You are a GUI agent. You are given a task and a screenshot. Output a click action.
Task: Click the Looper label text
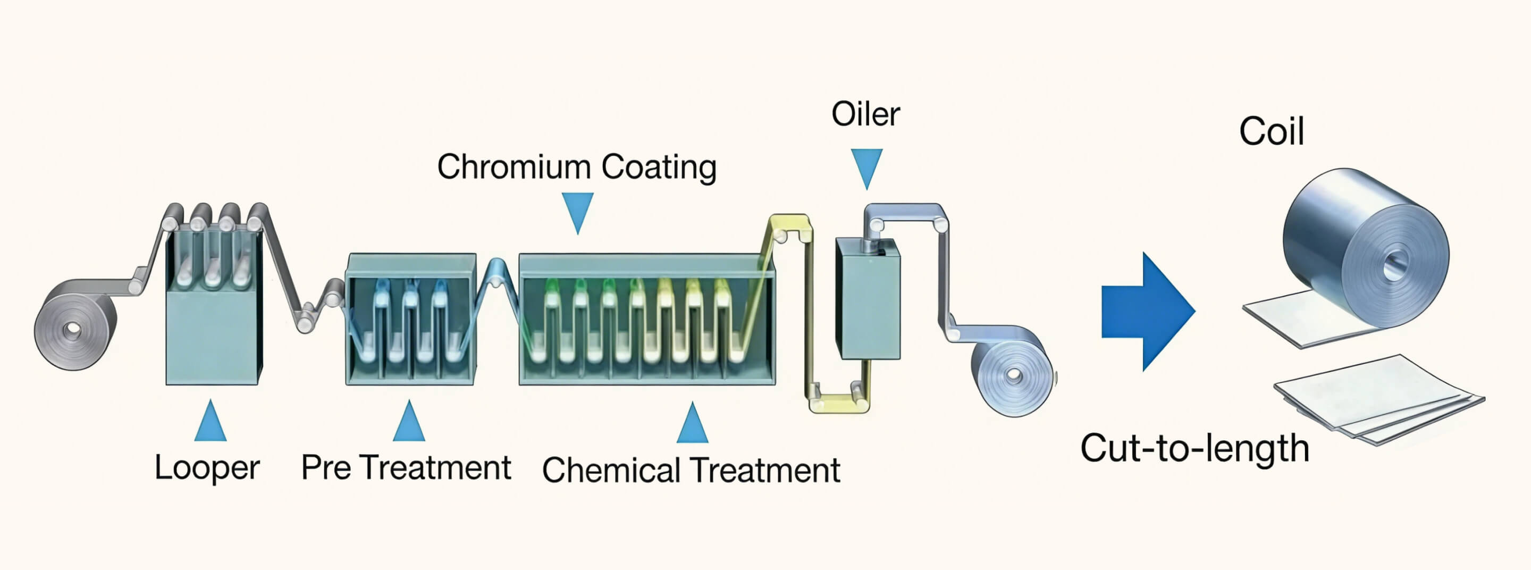click(x=207, y=468)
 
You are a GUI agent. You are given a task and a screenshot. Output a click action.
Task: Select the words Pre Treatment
click(x=406, y=467)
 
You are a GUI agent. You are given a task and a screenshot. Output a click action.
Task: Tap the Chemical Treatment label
click(x=691, y=470)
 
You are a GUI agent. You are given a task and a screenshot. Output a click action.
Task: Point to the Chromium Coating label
click(x=576, y=166)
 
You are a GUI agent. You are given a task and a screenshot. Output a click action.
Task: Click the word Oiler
click(x=865, y=114)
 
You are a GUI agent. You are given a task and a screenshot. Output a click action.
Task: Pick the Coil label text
click(x=1271, y=131)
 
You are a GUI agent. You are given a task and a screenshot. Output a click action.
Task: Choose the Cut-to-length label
click(x=1194, y=448)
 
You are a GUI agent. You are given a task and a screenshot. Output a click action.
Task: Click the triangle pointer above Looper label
click(x=211, y=421)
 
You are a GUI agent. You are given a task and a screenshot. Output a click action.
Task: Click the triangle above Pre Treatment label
click(x=409, y=421)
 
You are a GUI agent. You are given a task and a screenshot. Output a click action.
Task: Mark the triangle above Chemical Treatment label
click(x=692, y=423)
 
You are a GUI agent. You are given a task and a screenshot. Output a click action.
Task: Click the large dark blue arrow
click(x=1148, y=312)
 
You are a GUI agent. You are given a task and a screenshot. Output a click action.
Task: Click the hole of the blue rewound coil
click(x=1014, y=375)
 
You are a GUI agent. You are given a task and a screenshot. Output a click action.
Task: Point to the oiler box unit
click(x=868, y=298)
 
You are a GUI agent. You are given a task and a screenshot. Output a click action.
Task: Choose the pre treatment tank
click(x=411, y=320)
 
